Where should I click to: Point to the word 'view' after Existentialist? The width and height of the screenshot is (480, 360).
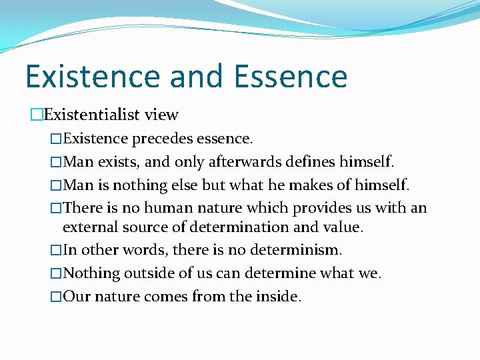point(162,115)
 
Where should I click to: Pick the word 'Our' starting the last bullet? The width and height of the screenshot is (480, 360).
point(77,296)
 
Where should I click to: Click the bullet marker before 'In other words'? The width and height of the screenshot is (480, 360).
point(56,251)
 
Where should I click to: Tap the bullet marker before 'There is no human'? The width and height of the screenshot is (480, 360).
point(56,208)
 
